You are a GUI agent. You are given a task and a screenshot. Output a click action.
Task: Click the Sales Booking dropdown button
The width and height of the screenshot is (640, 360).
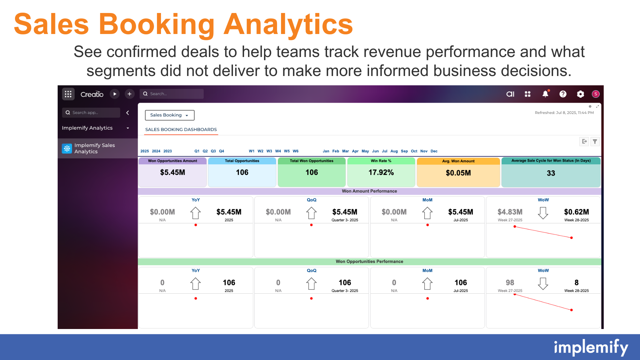(170, 115)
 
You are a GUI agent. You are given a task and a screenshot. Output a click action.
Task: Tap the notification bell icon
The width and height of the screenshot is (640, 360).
(545, 94)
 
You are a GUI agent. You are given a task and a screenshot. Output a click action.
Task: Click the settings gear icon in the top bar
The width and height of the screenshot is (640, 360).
(580, 94)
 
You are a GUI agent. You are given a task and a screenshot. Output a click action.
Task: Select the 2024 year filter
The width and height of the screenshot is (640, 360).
(156, 151)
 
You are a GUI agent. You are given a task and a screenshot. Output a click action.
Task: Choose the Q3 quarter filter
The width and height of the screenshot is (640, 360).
(213, 151)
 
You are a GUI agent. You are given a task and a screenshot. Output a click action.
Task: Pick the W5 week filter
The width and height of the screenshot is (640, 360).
(287, 151)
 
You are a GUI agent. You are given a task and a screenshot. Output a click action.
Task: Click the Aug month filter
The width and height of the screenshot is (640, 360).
(394, 151)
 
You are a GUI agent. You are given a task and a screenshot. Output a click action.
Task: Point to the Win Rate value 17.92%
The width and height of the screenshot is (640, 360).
(381, 172)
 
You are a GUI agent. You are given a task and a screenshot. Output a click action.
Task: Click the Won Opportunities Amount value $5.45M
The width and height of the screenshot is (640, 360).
(172, 172)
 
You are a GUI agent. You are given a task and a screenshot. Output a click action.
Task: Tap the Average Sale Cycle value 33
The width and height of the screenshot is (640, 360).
(551, 173)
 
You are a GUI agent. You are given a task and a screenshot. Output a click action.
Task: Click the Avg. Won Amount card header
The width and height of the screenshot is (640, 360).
(458, 161)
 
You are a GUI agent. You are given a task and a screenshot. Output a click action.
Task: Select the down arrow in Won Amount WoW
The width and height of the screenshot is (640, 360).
(543, 213)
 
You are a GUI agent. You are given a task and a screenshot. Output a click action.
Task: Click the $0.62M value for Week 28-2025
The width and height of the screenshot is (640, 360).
(576, 212)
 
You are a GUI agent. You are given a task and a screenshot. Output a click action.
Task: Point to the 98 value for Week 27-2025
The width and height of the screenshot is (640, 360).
(510, 283)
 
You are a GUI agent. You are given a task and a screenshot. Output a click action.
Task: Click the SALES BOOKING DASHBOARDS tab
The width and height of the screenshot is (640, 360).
(181, 129)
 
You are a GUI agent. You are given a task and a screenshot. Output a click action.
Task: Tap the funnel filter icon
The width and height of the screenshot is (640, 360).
(595, 142)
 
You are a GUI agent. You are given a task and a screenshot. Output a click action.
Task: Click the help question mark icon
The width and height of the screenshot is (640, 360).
(563, 94)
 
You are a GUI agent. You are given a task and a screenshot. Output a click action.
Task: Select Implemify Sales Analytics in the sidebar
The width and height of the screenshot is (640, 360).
(95, 148)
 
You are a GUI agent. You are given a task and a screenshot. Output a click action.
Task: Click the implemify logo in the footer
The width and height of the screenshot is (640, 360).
(591, 348)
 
